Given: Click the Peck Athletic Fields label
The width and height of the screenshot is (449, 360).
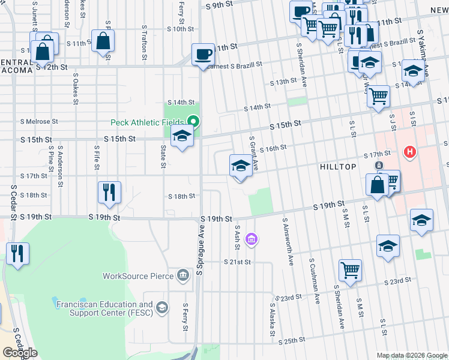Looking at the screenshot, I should [x=147, y=123].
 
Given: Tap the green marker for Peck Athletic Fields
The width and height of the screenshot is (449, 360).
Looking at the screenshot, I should [x=193, y=122].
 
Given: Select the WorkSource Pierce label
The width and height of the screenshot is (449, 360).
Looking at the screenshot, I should [x=137, y=277].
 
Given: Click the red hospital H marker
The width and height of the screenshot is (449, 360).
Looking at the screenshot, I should [x=411, y=152].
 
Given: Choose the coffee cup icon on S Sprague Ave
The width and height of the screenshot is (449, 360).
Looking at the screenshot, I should [x=202, y=55].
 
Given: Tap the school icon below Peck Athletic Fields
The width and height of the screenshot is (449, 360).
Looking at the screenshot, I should [x=182, y=137].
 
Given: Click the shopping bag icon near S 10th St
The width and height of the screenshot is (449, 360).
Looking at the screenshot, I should [x=103, y=41].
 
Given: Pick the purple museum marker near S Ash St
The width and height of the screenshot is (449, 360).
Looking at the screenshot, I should [x=252, y=240].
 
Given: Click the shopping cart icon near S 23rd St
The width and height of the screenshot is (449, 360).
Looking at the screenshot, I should [x=349, y=269].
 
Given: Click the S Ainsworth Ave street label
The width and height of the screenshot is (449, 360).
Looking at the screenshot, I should [x=288, y=240].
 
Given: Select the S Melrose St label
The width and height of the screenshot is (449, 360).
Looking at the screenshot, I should [x=38, y=121].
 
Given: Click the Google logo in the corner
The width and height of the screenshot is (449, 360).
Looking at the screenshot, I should [x=20, y=352].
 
